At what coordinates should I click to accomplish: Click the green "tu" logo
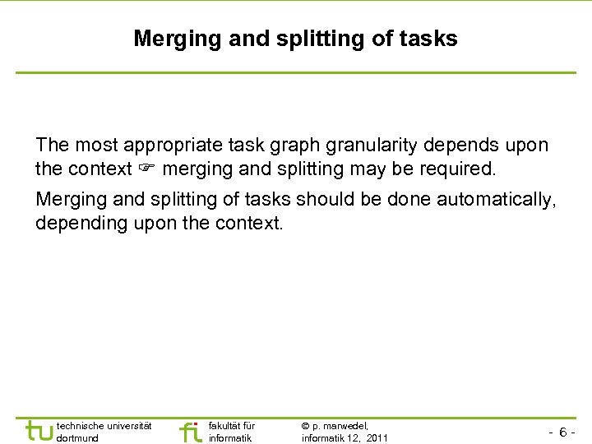click(38, 431)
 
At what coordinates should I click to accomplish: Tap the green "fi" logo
click(190, 431)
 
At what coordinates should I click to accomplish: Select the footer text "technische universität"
click(104, 425)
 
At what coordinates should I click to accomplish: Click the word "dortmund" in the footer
click(77, 438)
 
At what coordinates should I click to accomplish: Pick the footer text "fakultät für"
click(232, 425)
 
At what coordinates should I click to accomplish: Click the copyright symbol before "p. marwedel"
click(306, 425)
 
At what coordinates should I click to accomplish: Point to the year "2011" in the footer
click(377, 438)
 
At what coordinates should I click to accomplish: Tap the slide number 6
click(562, 432)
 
